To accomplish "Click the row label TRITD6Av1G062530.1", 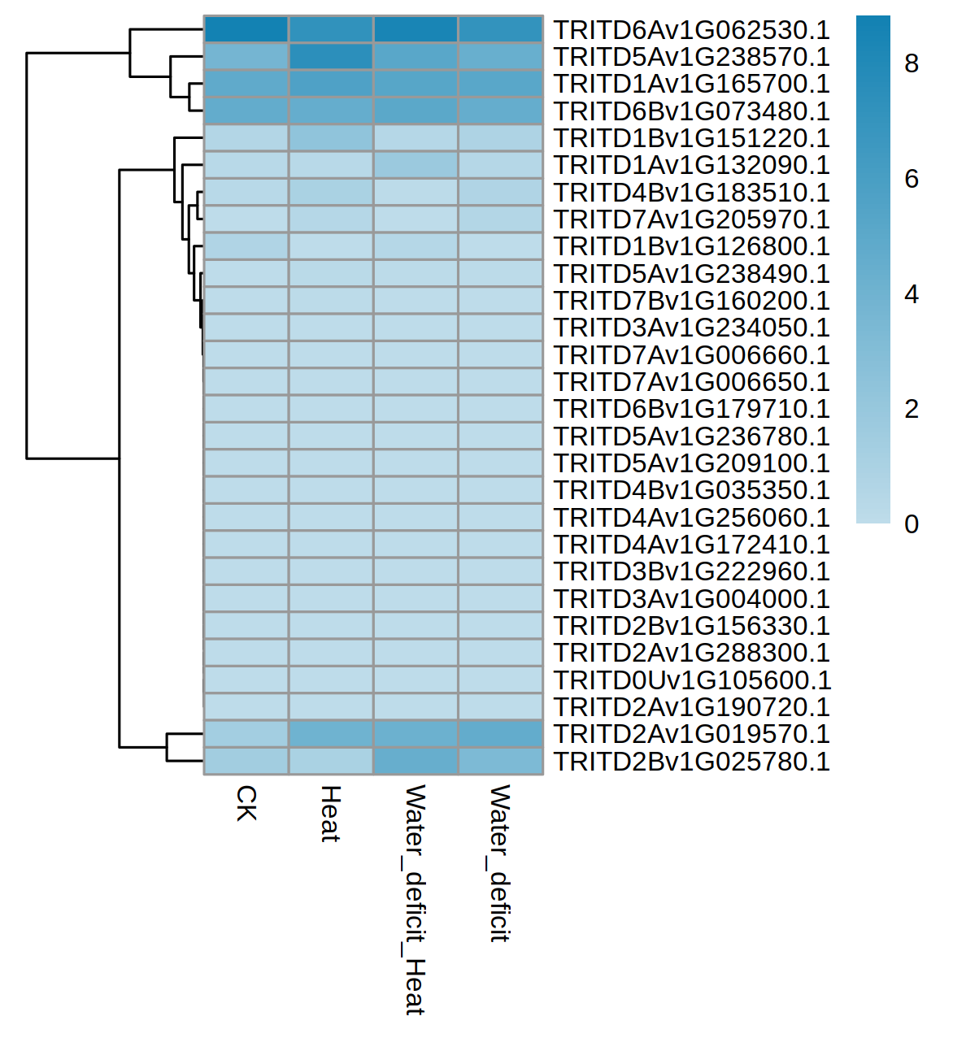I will [691, 30].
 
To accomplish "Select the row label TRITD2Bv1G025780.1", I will [691, 762].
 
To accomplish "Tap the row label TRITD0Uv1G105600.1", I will [691, 680].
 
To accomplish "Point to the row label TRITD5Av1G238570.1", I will [691, 57].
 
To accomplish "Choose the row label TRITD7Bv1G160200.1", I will [691, 301].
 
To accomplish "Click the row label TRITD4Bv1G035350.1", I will [691, 490].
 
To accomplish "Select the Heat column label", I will [330, 814].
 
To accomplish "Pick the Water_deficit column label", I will [499, 863].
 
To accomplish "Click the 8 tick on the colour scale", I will [912, 63].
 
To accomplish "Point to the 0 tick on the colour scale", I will [912, 524].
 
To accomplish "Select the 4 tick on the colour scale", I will [912, 294].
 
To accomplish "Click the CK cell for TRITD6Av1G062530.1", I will [246, 29].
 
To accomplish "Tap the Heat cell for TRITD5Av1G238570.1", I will [331, 57].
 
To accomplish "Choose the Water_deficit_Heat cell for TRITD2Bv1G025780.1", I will [416, 762].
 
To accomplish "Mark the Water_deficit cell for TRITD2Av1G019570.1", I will [500, 734].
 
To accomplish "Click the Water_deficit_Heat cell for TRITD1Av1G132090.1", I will [416, 165].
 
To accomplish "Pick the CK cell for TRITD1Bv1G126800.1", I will [246, 246].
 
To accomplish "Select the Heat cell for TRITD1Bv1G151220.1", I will [331, 138].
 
